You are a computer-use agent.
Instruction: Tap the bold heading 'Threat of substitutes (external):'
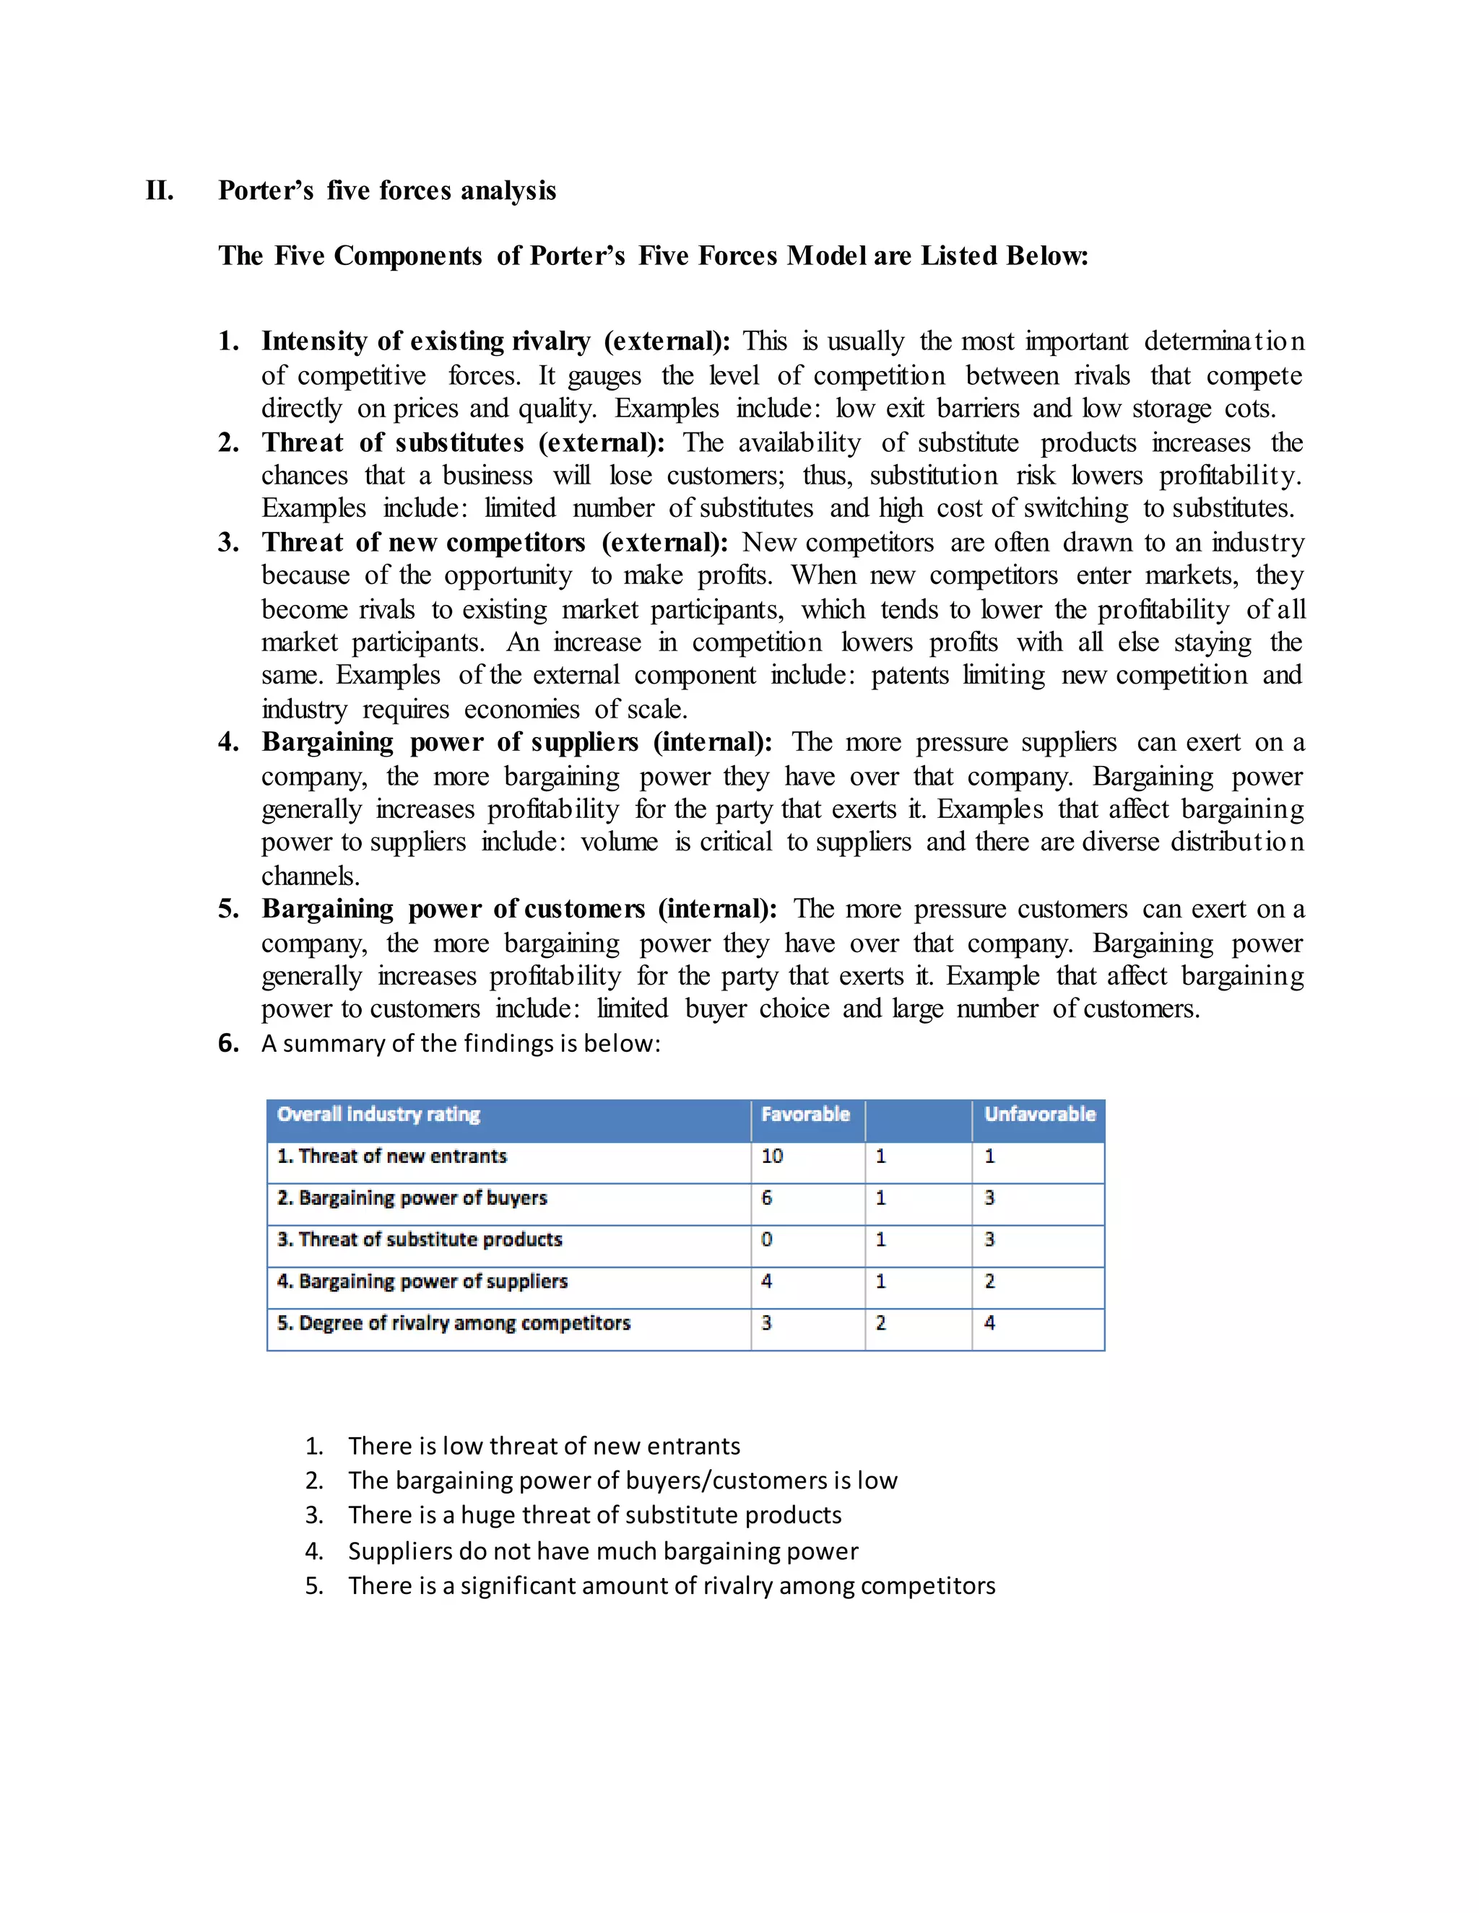pyautogui.click(x=463, y=443)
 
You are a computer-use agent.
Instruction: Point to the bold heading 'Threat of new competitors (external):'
pyautogui.click(x=494, y=542)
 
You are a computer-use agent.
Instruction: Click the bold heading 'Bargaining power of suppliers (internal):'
pyautogui.click(x=517, y=742)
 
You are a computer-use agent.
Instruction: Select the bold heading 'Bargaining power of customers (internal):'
pyautogui.click(x=519, y=908)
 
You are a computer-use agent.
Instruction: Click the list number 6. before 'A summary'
pyautogui.click(x=227, y=1043)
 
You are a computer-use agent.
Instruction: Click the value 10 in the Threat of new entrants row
pyautogui.click(x=772, y=1156)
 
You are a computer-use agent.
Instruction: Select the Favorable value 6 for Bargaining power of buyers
pyautogui.click(x=767, y=1198)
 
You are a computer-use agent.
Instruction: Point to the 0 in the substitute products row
pyautogui.click(x=767, y=1239)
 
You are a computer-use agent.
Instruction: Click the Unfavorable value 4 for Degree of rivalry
pyautogui.click(x=989, y=1322)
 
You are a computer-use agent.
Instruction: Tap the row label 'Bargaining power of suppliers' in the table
pyautogui.click(x=422, y=1281)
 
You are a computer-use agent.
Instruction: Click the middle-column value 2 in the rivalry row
pyautogui.click(x=880, y=1322)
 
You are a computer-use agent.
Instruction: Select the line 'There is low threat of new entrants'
pyautogui.click(x=543, y=1445)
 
